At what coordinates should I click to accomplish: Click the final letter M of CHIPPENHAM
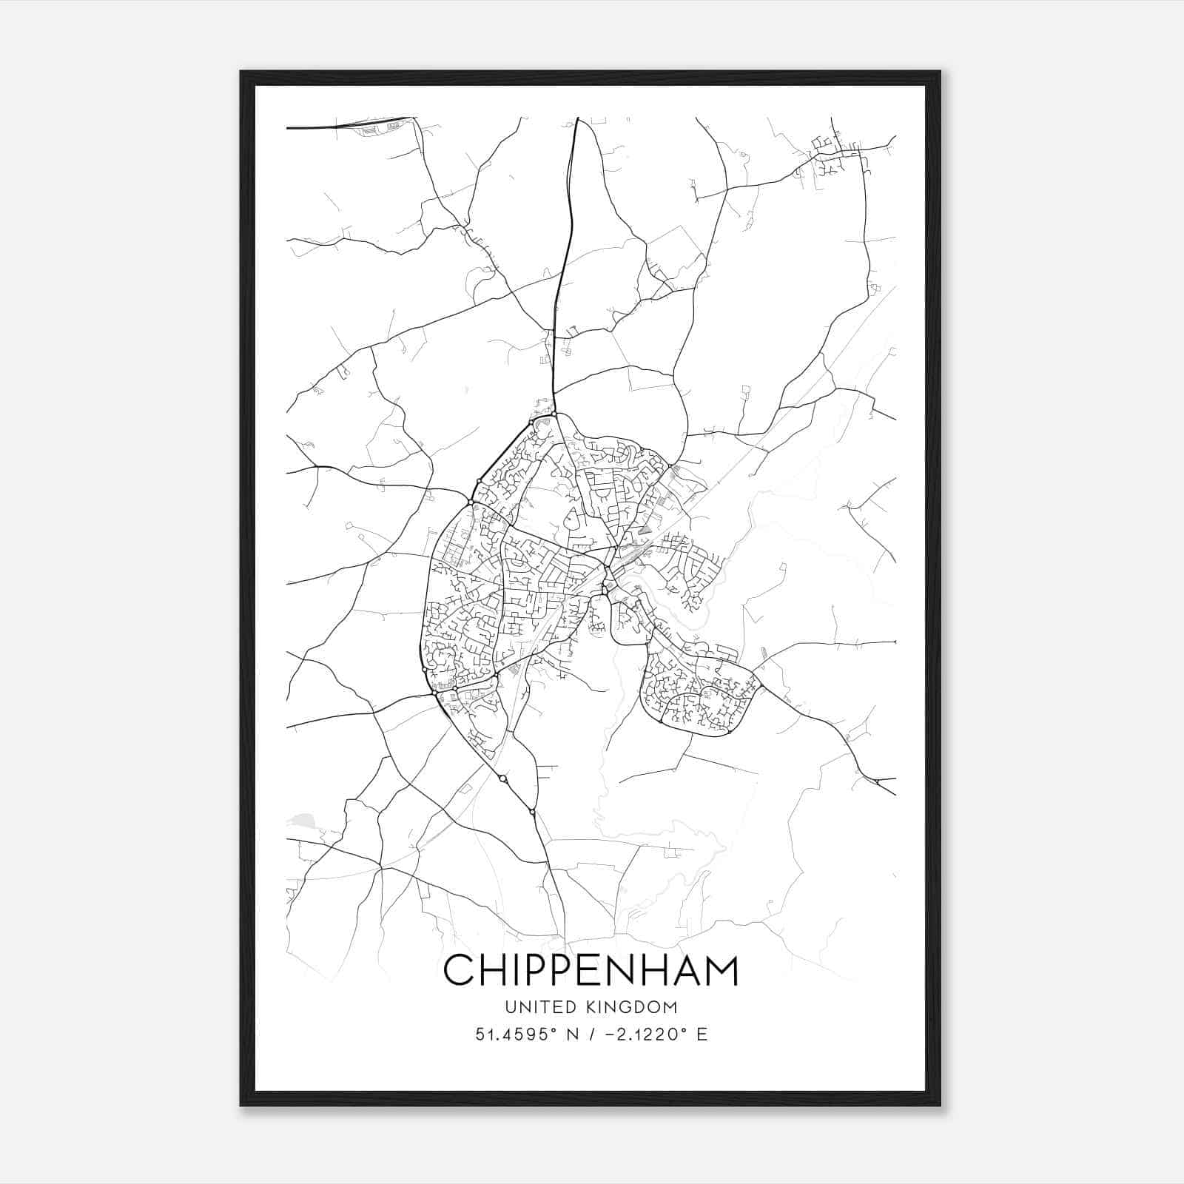point(723,970)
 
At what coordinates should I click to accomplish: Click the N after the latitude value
point(571,1035)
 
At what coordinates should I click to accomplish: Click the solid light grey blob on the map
point(302,819)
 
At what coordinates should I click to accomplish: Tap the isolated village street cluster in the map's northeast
point(832,152)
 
